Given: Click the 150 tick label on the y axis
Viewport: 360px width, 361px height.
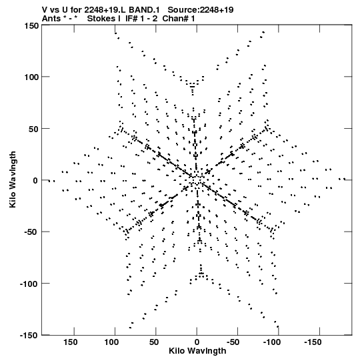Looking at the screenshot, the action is [x=31, y=26].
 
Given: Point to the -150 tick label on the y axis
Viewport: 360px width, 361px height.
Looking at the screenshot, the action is [x=29, y=335].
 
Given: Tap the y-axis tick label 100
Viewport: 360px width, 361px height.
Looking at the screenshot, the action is [x=31, y=77].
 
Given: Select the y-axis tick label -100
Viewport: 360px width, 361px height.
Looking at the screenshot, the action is [x=29, y=284].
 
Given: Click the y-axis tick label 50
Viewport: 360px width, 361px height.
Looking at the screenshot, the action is [x=33, y=129].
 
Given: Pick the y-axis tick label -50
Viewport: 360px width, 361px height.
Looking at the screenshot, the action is [x=31, y=232].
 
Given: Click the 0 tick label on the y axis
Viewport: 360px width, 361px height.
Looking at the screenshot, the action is [x=35, y=180].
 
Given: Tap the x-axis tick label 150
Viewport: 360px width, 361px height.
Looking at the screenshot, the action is [x=71, y=342].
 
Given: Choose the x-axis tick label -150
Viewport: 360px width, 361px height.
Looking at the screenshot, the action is [x=313, y=342].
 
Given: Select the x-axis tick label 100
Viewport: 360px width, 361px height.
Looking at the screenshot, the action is [x=111, y=342].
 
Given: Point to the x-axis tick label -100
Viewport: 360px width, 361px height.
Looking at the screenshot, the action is [x=272, y=342].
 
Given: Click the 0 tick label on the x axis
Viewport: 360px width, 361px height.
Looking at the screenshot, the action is [x=197, y=342].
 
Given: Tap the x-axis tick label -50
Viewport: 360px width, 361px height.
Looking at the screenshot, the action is [x=233, y=342].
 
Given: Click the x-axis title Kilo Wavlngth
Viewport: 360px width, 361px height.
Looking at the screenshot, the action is [x=197, y=351].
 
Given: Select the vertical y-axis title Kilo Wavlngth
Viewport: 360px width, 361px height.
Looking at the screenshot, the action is [x=13, y=179].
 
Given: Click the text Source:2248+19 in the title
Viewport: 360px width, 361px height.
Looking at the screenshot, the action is [x=201, y=10].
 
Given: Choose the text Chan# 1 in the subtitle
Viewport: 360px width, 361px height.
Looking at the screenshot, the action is [x=179, y=19].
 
